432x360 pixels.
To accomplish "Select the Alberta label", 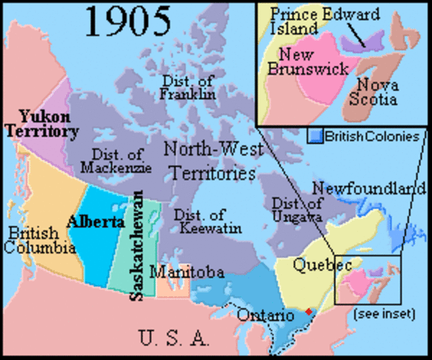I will coord(95,222).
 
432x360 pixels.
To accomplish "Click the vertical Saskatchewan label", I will coord(137,246).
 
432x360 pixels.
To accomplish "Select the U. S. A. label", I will coord(174,338).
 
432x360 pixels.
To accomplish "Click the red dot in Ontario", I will coord(308,310).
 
